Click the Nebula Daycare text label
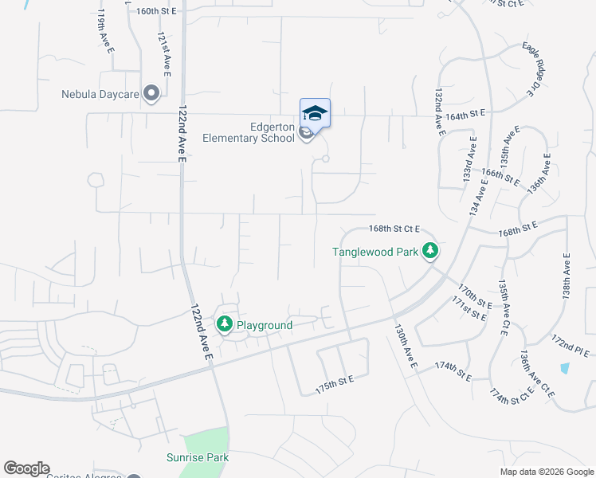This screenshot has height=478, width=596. [100, 94]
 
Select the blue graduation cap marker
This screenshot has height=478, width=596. [315, 112]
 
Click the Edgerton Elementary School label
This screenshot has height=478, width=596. [249, 131]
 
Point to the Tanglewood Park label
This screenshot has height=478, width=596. [375, 253]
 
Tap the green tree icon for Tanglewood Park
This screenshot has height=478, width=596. [430, 252]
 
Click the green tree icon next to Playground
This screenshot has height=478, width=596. [225, 324]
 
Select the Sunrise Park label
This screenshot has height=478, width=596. [198, 457]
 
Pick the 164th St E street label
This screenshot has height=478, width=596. [466, 115]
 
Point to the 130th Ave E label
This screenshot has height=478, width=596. [406, 345]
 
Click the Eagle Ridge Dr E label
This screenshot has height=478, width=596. [531, 70]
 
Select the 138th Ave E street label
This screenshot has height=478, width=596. [567, 276]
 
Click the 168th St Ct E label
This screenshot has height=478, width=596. [394, 229]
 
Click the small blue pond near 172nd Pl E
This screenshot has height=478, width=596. [565, 369]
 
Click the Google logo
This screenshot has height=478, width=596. [26, 468]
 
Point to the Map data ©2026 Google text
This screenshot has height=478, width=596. [546, 472]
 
